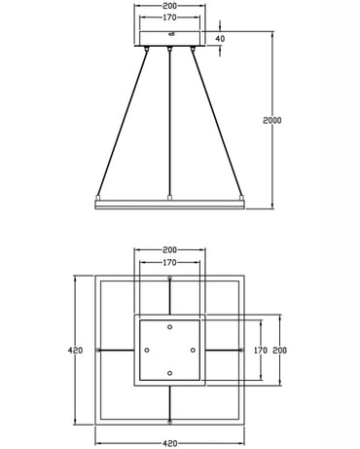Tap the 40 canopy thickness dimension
219,40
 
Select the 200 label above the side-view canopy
170,5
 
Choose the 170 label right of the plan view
260,349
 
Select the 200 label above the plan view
170,250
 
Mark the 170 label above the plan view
170,262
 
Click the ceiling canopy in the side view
170,40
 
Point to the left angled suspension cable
121,122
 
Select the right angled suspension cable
220,122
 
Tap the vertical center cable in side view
170,122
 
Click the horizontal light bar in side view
170,202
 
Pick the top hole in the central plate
170,326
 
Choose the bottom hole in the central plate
170,373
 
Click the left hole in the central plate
146,350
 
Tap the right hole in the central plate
194,350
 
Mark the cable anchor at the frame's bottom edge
170,420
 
